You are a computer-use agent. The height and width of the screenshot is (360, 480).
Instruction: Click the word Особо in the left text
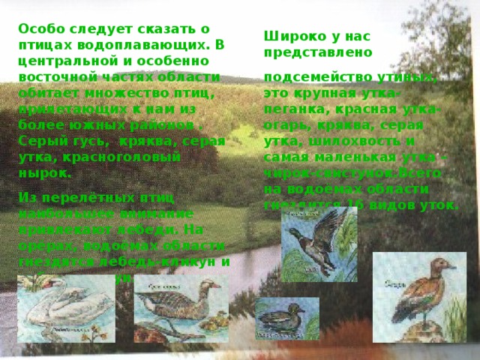coord(40,28)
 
